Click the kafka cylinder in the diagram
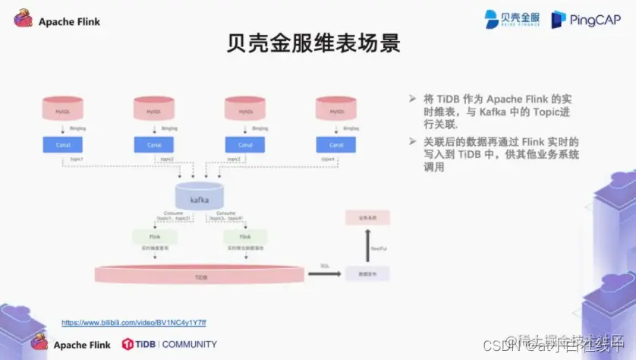[x=200, y=196]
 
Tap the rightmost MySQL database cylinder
[x=336, y=109]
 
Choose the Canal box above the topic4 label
[x=336, y=144]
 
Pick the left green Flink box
[x=155, y=236]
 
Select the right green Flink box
[x=244, y=236]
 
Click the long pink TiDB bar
[x=200, y=276]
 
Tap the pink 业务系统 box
[x=367, y=217]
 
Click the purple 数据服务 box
[x=367, y=273]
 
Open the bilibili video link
[x=134, y=323]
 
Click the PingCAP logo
[x=586, y=19]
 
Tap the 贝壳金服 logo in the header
[x=512, y=19]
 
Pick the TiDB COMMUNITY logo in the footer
[x=169, y=344]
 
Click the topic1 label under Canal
[x=76, y=159]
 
